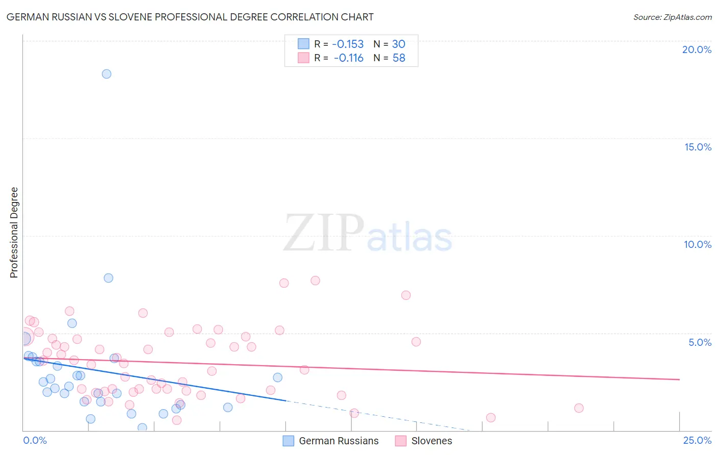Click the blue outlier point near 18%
[x=106, y=74]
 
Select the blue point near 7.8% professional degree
[x=108, y=278]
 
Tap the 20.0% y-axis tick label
[x=697, y=49]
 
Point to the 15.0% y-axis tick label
[x=698, y=147]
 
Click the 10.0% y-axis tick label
[x=698, y=244]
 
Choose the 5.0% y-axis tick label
[x=700, y=342]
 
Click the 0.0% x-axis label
[x=35, y=440]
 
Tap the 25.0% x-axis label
[x=697, y=440]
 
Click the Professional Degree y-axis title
[x=14, y=233]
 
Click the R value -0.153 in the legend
[x=348, y=44]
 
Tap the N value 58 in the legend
[x=399, y=58]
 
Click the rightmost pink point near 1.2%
[x=579, y=408]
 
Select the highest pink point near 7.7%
[x=315, y=281]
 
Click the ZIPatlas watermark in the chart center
[x=368, y=234]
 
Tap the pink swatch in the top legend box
[x=303, y=58]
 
